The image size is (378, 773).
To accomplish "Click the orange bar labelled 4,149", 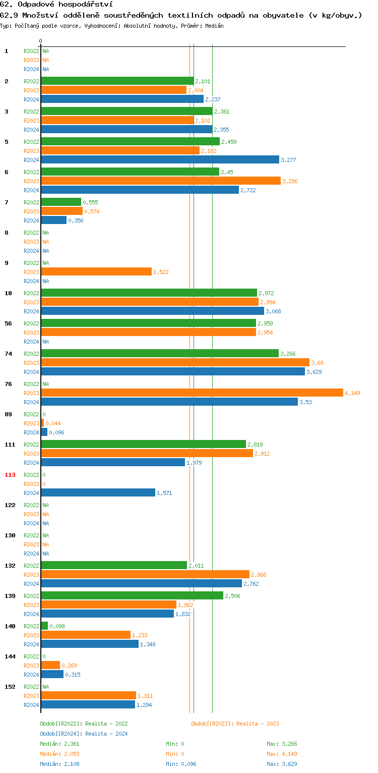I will click(192, 393).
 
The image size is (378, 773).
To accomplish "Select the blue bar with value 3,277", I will click(160, 159).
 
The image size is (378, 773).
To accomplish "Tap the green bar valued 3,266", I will click(160, 353).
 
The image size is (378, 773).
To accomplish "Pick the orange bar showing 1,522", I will click(96, 271).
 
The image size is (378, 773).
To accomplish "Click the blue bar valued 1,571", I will click(98, 492).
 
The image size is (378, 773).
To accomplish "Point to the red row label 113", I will click(10, 475).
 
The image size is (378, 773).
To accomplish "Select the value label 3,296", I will click(290, 181).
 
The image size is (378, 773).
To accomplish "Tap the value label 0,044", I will click(53, 423).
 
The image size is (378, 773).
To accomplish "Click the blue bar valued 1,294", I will click(88, 704).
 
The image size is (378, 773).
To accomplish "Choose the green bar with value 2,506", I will click(132, 595).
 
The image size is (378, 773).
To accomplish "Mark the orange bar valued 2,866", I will click(145, 574).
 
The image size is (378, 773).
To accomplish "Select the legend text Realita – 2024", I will click(106, 734).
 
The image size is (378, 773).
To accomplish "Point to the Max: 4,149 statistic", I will click(285, 754).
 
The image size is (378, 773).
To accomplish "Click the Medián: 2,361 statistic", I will click(59, 744).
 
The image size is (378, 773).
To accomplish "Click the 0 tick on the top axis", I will click(41, 41).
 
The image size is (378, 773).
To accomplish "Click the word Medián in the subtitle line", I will click(214, 25).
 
